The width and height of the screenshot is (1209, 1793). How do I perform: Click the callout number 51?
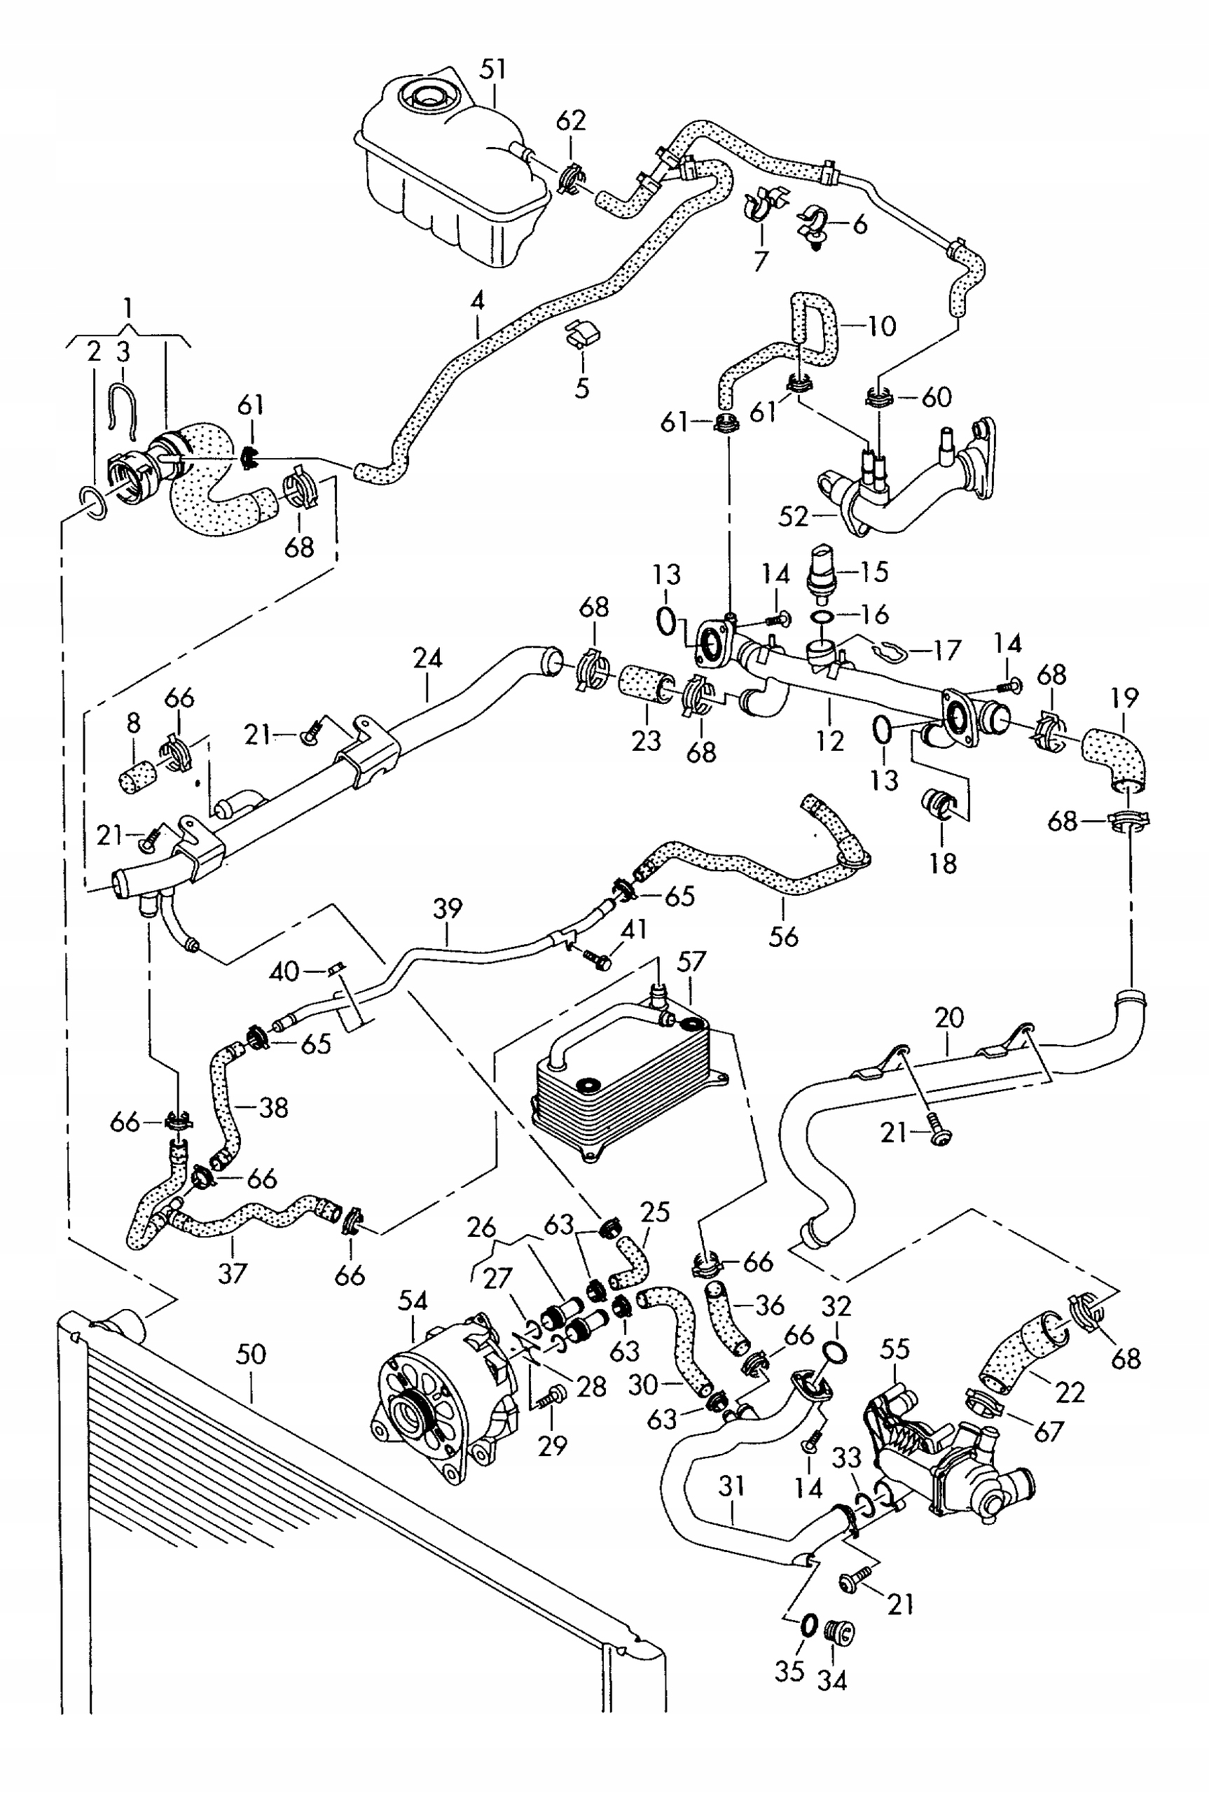pyautogui.click(x=493, y=69)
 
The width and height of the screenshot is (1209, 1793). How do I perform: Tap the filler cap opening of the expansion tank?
pyautogui.click(x=426, y=98)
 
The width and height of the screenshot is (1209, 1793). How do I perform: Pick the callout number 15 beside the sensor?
pyautogui.click(x=874, y=572)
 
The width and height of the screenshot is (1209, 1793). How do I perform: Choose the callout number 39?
pyautogui.click(x=447, y=909)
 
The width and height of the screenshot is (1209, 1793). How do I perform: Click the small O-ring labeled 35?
pyautogui.click(x=808, y=1626)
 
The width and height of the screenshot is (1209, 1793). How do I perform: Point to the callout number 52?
pyautogui.click(x=794, y=516)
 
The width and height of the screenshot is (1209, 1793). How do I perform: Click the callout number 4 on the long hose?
pyautogui.click(x=477, y=300)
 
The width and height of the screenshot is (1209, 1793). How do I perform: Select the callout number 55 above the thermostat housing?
pyautogui.click(x=895, y=1348)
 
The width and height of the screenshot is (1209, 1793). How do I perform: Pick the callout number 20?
pyautogui.click(x=949, y=1018)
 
